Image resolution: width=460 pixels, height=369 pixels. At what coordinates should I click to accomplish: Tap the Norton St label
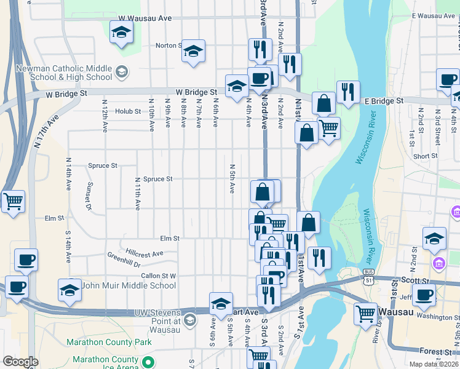[x=168, y=46]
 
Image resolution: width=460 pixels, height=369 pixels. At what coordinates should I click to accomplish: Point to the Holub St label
[x=129, y=111]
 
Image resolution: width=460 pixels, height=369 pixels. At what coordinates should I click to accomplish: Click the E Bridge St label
[x=383, y=100]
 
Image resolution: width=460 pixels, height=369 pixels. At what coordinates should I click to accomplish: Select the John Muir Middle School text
[x=129, y=285]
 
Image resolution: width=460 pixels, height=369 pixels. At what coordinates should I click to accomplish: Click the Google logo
[x=21, y=362]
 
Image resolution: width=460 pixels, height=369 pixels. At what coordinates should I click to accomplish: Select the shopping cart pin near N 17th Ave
[x=13, y=201]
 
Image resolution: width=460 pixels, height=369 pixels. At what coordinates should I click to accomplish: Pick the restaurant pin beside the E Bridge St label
[x=348, y=92]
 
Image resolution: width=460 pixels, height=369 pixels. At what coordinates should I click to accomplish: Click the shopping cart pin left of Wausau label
[x=366, y=314]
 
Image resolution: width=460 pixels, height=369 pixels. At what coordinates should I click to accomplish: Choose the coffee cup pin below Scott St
[x=424, y=295]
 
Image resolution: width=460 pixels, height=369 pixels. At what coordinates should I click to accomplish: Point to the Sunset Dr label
[x=89, y=195]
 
